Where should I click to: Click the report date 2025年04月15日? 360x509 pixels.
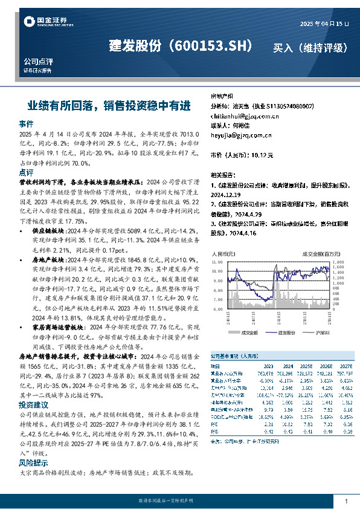(325, 23)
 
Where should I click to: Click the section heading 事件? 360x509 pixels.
(26, 123)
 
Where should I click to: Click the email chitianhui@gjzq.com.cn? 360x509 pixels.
(240, 115)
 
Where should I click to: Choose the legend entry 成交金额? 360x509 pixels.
(249, 332)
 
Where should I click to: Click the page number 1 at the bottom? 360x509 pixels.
(346, 502)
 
